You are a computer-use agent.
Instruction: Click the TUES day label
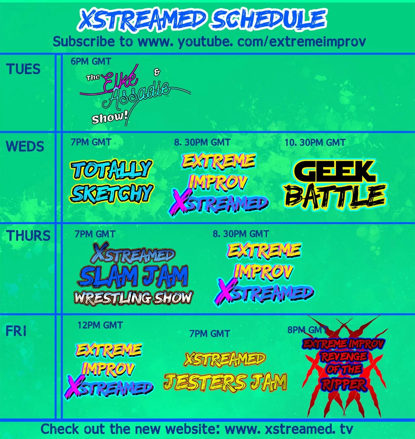tap(23, 69)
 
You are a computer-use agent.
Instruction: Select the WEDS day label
tap(25, 146)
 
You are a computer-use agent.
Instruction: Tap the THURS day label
tap(28, 235)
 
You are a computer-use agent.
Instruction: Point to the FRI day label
tap(16, 331)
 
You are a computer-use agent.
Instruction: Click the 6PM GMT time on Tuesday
tap(91, 61)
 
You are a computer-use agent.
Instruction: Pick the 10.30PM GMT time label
tap(315, 142)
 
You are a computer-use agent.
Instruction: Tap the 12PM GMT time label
tap(100, 325)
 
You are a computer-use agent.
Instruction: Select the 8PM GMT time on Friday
tap(307, 330)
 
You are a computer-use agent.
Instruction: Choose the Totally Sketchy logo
tap(111, 181)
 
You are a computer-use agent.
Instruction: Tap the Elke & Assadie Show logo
tap(135, 95)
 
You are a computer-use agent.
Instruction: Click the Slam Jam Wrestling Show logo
tap(134, 274)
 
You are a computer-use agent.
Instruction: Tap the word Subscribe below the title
tap(84, 41)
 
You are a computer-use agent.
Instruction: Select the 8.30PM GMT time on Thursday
tap(241, 234)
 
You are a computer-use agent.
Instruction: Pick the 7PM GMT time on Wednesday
tap(91, 142)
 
